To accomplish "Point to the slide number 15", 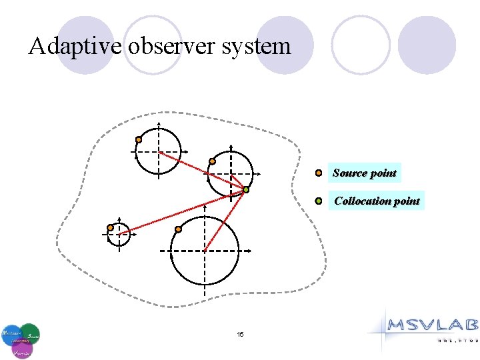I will tap(240, 334).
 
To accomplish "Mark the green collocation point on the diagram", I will tap(245, 190).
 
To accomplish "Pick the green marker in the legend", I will tap(319, 201).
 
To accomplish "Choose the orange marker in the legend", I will tap(319, 173).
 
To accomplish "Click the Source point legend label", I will tap(364, 173).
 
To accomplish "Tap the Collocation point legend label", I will tap(377, 201).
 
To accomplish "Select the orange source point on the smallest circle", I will tap(110, 227).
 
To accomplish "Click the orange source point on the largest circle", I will tap(178, 229).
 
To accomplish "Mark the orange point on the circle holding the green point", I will tap(212, 161).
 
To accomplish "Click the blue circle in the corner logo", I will tap(11, 332).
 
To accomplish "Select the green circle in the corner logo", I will tap(30, 333).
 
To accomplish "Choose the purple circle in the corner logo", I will tap(22, 348).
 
